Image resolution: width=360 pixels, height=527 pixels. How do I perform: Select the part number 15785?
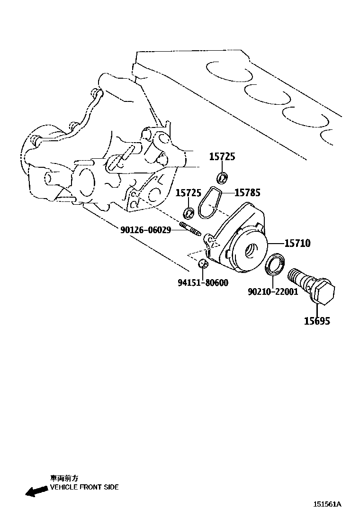click(247, 192)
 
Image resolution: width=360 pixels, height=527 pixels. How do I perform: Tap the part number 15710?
click(297, 243)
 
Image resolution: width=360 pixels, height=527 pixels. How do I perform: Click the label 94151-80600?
click(203, 283)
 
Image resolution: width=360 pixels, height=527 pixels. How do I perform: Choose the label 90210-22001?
click(272, 291)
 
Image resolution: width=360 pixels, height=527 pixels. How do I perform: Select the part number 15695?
click(317, 321)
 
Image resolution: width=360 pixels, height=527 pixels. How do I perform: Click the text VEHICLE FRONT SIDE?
click(84, 487)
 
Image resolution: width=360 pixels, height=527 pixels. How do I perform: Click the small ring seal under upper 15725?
click(222, 178)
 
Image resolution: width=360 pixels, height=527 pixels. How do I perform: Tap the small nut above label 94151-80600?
click(203, 263)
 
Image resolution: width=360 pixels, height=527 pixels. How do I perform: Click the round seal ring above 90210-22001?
click(275, 264)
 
